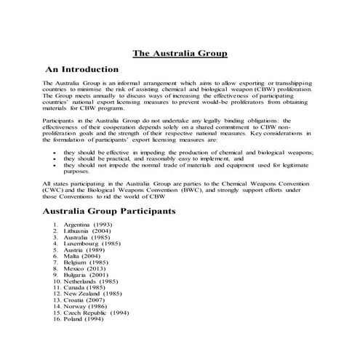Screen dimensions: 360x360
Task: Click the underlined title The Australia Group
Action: [180, 53]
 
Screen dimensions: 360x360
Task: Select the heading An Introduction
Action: [81, 70]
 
